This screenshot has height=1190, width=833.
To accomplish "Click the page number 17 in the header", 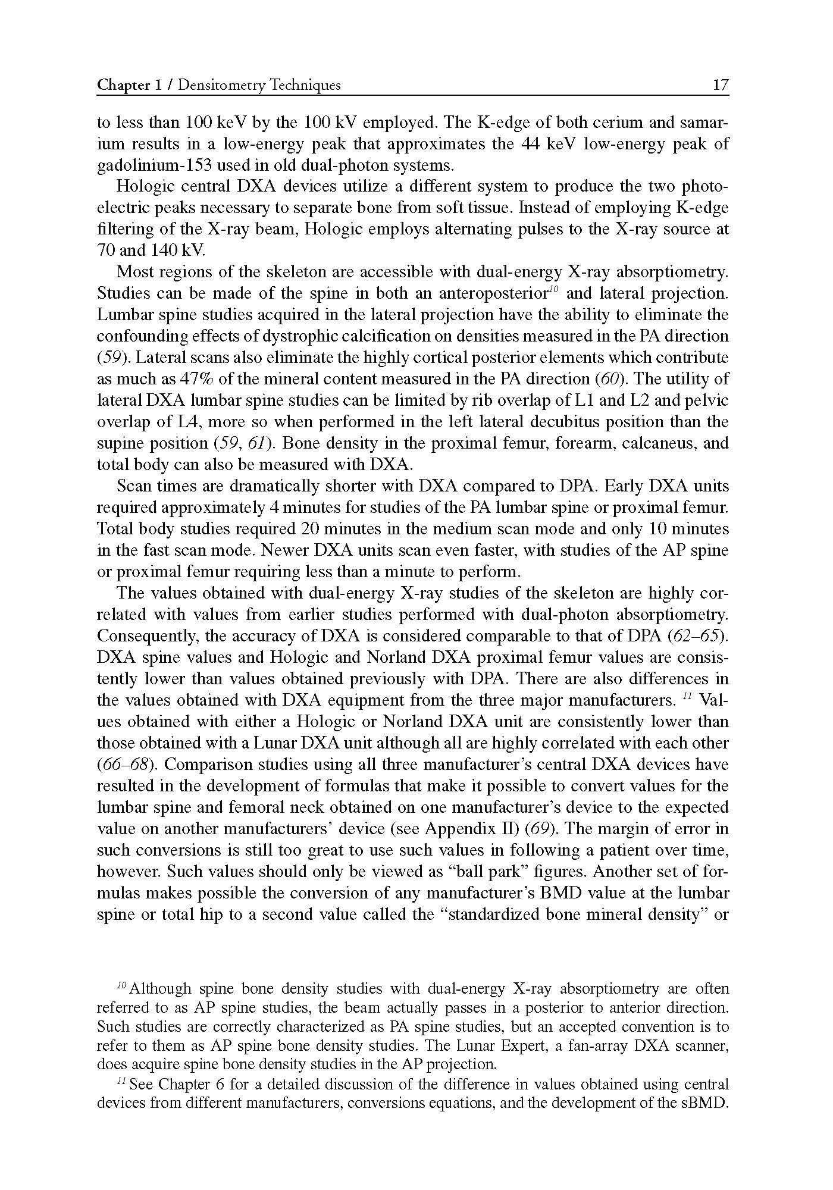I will [721, 85].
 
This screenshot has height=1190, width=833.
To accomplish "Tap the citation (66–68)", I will [123, 765].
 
